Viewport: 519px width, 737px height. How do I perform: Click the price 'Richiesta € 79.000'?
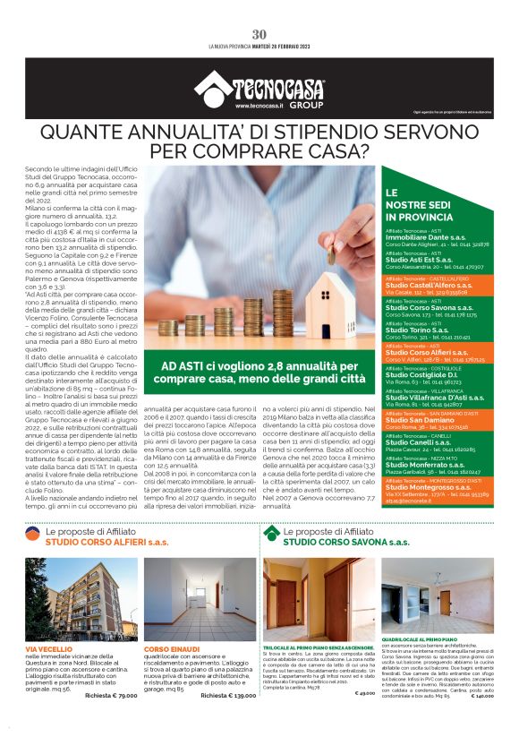pos(105,694)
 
